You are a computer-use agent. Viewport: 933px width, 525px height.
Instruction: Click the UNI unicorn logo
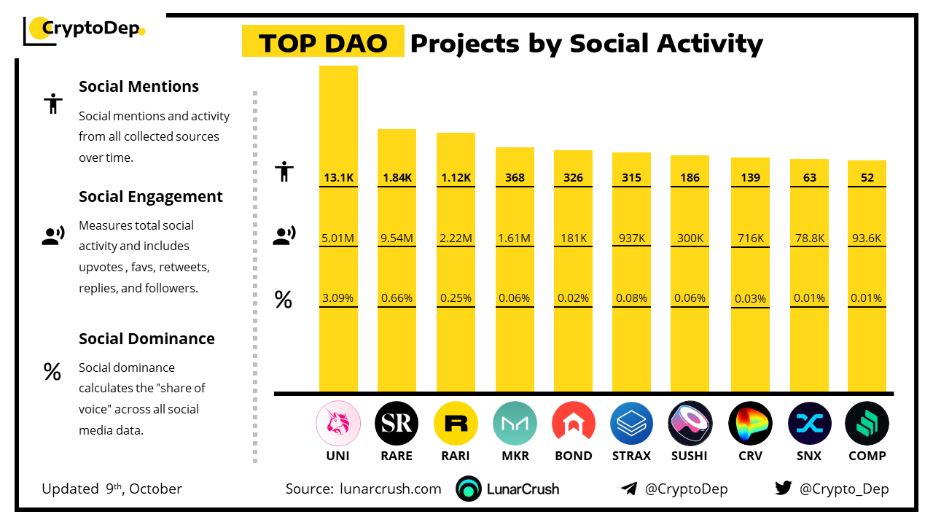[337, 423]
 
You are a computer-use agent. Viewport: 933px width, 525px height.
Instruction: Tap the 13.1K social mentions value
[338, 177]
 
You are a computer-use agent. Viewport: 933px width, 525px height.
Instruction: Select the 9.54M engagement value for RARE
[397, 238]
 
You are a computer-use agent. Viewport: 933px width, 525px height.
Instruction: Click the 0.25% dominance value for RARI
[456, 297]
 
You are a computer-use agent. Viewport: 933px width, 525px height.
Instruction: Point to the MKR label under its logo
[515, 456]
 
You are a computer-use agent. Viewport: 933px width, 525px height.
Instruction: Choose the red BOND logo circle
[573, 423]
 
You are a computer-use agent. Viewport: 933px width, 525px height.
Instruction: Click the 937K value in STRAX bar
[631, 238]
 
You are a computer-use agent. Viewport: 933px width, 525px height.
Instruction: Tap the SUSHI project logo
[690, 423]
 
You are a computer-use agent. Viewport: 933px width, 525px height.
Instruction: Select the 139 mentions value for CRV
[750, 177]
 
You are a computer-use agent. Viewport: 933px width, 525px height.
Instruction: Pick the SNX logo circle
[809, 423]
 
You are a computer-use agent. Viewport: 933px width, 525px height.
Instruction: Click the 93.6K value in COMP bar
[867, 238]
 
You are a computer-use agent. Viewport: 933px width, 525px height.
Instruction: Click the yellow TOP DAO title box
[323, 43]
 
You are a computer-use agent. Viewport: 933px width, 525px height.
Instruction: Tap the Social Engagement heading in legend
[151, 197]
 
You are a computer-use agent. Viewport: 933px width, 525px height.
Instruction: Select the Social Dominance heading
[147, 339]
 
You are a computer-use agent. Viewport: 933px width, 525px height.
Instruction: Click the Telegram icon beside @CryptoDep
[628, 489]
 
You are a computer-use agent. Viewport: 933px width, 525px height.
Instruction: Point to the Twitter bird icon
[784, 489]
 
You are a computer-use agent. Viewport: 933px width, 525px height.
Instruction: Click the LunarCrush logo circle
[469, 489]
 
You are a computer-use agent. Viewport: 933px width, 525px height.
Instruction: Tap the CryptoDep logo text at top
[90, 29]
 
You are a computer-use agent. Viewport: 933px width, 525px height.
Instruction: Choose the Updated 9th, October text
[112, 489]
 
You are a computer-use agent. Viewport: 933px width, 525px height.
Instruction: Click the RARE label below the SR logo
[397, 456]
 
